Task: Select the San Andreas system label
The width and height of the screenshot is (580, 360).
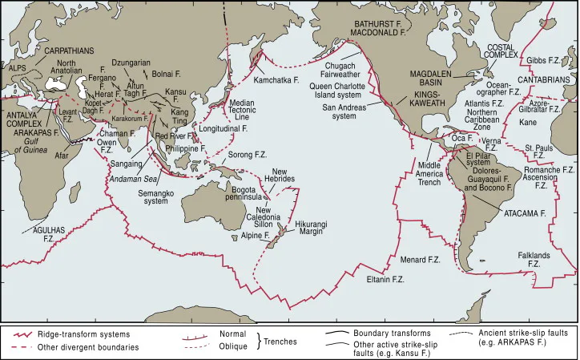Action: (350, 111)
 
